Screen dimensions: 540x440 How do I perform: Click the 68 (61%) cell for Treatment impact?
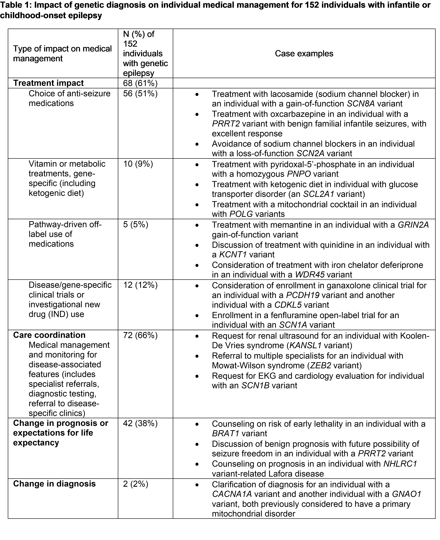pos(140,83)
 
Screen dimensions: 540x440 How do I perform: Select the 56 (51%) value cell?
pos(140,94)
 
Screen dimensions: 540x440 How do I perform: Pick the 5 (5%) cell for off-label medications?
pos(136,224)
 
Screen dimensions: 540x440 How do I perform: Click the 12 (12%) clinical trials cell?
pos(140,285)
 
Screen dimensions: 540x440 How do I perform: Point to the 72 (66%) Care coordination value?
pos(140,335)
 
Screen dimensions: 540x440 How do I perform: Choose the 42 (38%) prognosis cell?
pos(140,423)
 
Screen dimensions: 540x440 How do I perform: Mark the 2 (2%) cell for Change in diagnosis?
pos(136,484)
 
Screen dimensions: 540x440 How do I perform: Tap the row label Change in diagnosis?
pos(54,484)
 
